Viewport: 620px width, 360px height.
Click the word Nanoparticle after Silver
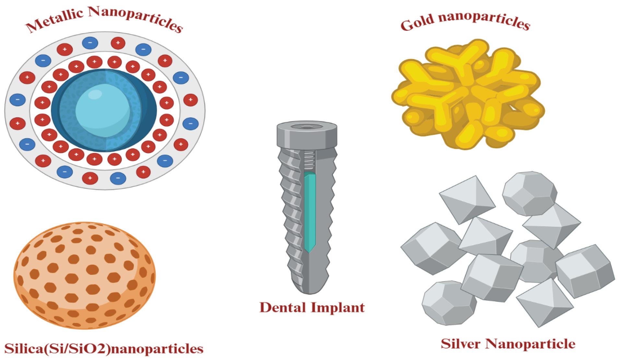pos(529,344)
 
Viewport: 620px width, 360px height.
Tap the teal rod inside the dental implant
pos(310,212)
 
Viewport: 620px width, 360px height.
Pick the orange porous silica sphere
pos(84,276)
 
